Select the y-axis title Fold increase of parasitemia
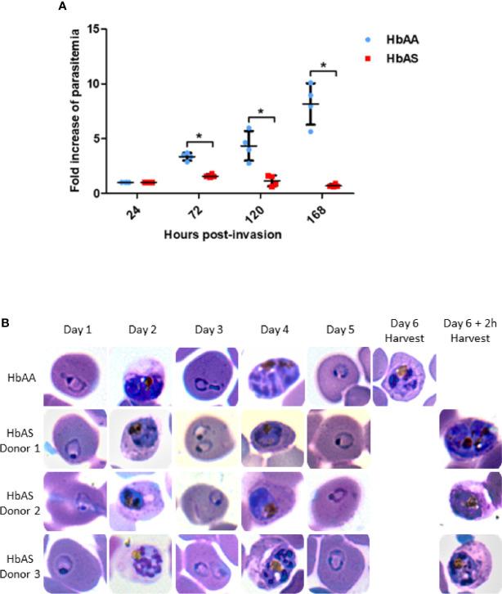click(x=75, y=111)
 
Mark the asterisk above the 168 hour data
click(x=324, y=65)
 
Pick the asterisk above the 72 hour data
click(x=199, y=137)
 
